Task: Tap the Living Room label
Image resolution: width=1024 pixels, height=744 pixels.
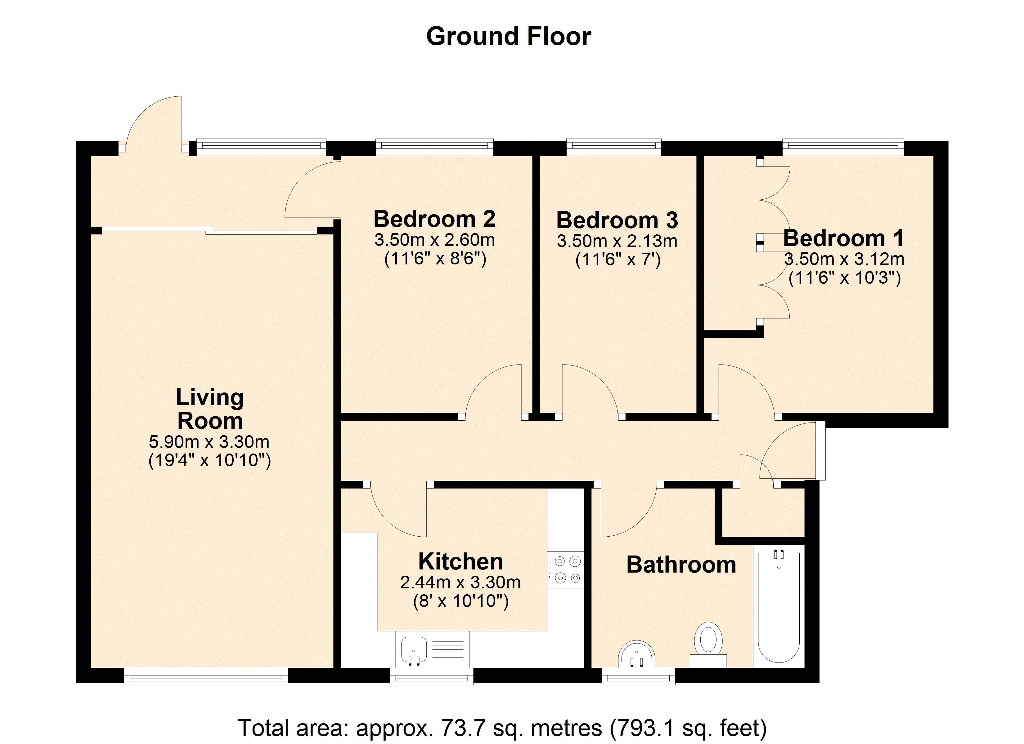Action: [210, 409]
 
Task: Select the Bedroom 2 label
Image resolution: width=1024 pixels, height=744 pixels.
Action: [434, 219]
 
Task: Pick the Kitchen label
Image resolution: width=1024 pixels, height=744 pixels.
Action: [460, 562]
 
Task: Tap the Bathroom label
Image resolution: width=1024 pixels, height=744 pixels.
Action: [681, 565]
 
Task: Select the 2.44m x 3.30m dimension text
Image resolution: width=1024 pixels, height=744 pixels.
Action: [460, 582]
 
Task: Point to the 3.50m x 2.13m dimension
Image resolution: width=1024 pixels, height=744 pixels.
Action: [617, 241]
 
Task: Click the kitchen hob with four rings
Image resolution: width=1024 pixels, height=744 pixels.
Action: [566, 569]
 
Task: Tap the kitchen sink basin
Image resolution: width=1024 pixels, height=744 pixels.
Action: [414, 651]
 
